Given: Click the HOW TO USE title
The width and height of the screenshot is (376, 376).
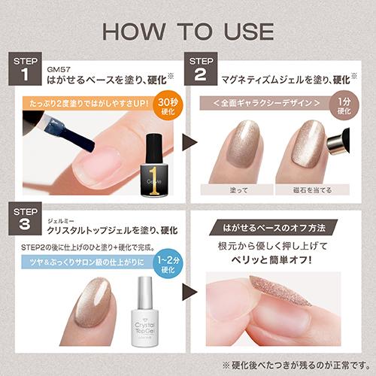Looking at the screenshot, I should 188,31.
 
